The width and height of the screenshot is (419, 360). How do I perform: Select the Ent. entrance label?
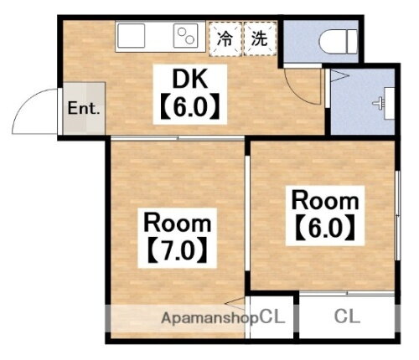coord(84,109)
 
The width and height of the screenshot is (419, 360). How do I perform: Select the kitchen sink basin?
coord(133,36)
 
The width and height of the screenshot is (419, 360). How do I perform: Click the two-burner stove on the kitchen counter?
coord(184,36)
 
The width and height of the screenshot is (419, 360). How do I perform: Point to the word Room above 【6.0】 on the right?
coord(325,201)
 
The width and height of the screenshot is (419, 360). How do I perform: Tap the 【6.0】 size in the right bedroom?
coord(325,227)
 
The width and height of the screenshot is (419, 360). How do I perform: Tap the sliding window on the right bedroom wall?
coord(396,218)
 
